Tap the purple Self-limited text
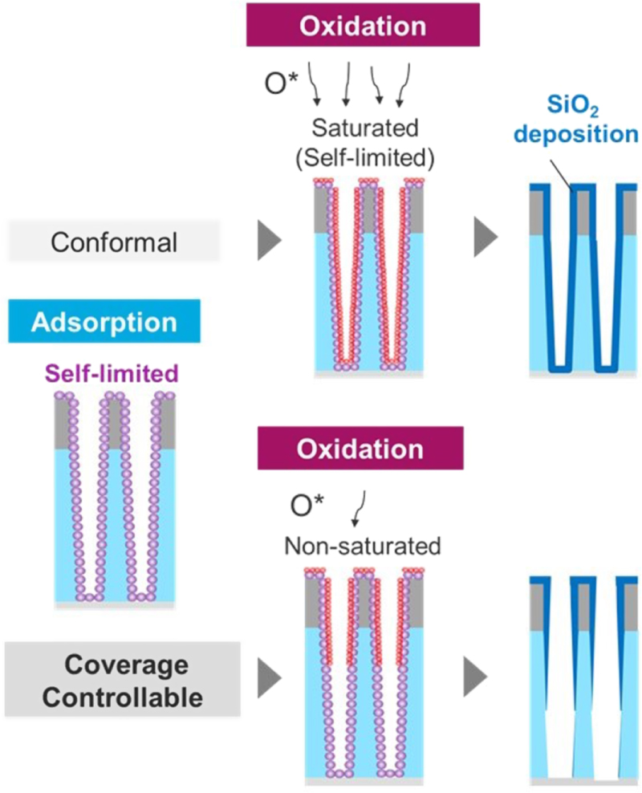tap(110, 372)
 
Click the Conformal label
tap(114, 242)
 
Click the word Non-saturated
tap(363, 547)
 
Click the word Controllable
tap(122, 697)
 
